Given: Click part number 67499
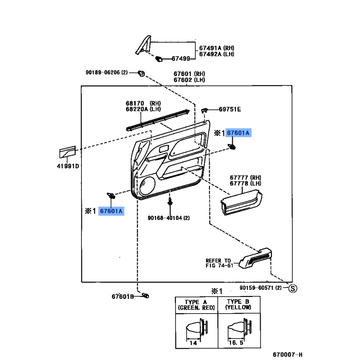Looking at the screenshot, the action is (x=181, y=59).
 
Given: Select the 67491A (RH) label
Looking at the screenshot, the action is (x=216, y=48).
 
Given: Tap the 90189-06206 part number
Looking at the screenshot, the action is (x=103, y=72).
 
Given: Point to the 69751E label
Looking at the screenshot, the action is (x=230, y=109).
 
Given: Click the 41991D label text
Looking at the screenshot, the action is (x=68, y=166).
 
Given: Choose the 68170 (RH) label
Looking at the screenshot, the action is (x=143, y=103).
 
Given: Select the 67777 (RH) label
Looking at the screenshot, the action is (x=245, y=178).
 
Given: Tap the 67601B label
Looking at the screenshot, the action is (x=122, y=297).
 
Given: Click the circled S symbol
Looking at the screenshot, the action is (x=293, y=288).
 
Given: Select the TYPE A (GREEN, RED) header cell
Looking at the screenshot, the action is (x=196, y=305).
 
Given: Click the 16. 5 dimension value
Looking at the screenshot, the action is (x=236, y=343).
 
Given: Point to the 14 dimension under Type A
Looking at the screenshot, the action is (x=193, y=343).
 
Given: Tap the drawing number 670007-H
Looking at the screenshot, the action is (x=288, y=355).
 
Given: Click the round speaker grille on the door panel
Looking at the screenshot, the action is (x=147, y=185).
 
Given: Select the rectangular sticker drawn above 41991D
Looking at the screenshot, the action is (x=67, y=152).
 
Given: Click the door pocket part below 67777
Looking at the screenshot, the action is (x=241, y=202).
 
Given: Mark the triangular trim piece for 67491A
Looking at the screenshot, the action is (x=143, y=45).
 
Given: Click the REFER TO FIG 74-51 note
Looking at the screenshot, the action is (x=219, y=263).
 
